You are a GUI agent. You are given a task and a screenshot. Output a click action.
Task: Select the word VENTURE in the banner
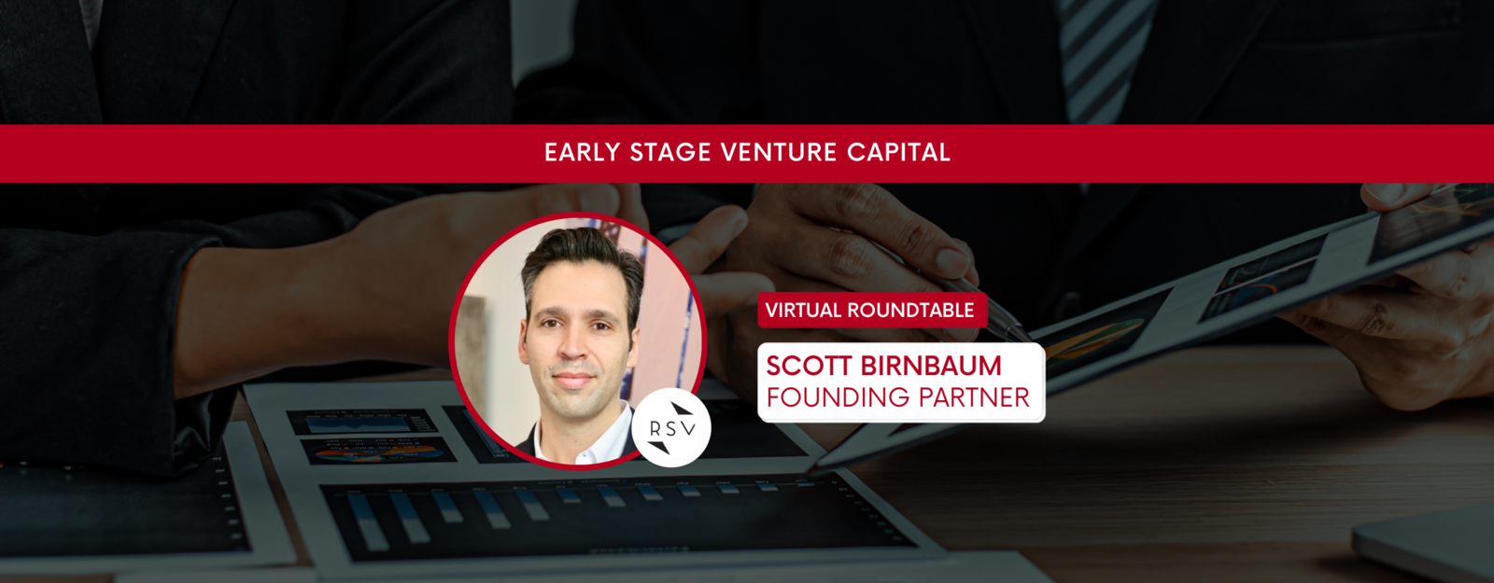click(x=779, y=153)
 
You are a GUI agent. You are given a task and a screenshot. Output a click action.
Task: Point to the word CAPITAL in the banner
click(x=898, y=153)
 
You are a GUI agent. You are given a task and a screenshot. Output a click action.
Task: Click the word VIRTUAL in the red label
click(x=803, y=311)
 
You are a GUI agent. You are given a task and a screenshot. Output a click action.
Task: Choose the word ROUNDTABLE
click(x=910, y=311)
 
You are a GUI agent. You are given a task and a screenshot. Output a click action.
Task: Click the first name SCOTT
click(x=809, y=366)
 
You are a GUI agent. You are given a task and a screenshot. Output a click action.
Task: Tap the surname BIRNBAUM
click(x=931, y=366)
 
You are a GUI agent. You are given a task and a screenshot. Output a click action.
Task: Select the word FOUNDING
click(x=838, y=397)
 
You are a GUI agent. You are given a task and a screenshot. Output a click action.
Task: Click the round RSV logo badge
click(x=671, y=428)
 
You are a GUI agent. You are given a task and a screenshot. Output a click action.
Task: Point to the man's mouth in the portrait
click(x=572, y=379)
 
